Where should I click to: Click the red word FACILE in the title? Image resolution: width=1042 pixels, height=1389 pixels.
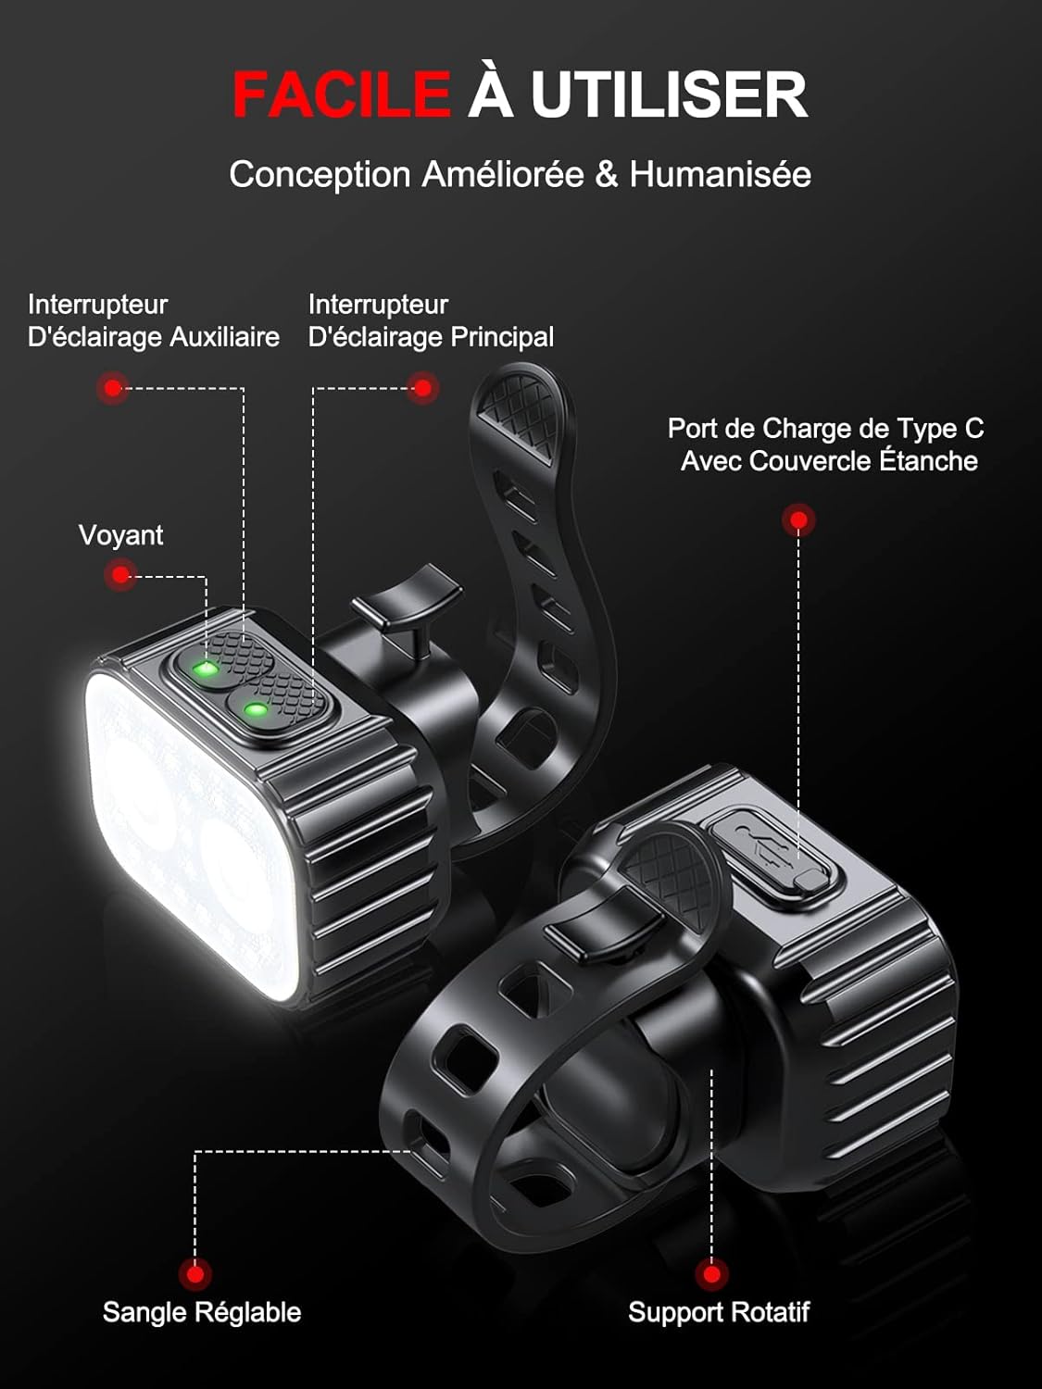pyautogui.click(x=341, y=94)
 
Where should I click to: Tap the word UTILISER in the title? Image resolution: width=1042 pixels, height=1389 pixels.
pyautogui.click(x=669, y=94)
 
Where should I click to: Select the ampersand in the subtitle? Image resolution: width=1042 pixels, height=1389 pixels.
pyautogui.click(x=606, y=174)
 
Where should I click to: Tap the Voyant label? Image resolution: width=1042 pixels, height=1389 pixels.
pyautogui.click(x=120, y=535)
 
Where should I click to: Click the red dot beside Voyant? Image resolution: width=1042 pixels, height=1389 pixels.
pyautogui.click(x=119, y=575)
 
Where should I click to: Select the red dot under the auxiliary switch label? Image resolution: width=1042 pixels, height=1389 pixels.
pyautogui.click(x=113, y=388)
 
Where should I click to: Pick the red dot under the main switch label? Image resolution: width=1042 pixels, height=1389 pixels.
pyautogui.click(x=422, y=388)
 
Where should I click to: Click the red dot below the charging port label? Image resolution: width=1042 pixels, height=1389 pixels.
pyautogui.click(x=797, y=520)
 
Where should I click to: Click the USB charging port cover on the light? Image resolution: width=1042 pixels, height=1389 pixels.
pyautogui.click(x=774, y=848)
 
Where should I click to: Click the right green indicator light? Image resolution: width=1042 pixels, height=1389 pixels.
pyautogui.click(x=255, y=711)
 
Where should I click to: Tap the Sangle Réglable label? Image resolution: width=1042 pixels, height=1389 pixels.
pyautogui.click(x=201, y=1312)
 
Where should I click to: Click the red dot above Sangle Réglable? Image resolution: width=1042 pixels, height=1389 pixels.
pyautogui.click(x=195, y=1274)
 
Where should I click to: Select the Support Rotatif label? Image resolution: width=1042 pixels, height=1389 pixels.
pyautogui.click(x=718, y=1312)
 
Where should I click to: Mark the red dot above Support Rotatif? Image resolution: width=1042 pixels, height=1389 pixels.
pyautogui.click(x=711, y=1274)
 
